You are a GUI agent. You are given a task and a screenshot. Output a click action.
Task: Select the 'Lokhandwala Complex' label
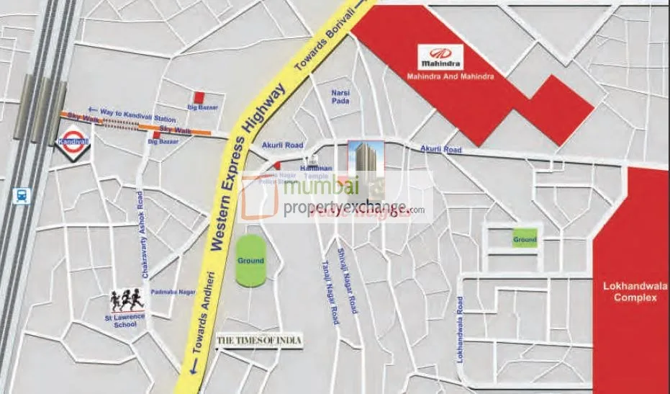(x=630, y=291)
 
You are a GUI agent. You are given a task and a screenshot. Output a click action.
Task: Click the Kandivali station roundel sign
(x=73, y=138)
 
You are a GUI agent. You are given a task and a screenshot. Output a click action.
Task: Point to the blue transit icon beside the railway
(x=22, y=195)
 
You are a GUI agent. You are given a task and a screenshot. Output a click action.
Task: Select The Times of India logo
(x=260, y=340)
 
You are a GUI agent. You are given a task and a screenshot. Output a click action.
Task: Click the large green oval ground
(x=250, y=259)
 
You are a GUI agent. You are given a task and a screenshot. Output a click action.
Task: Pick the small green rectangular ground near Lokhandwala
(x=525, y=239)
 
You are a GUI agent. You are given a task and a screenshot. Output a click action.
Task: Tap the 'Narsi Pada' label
(x=340, y=98)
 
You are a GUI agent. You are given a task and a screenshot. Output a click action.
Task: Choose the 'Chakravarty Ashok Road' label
(x=145, y=236)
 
